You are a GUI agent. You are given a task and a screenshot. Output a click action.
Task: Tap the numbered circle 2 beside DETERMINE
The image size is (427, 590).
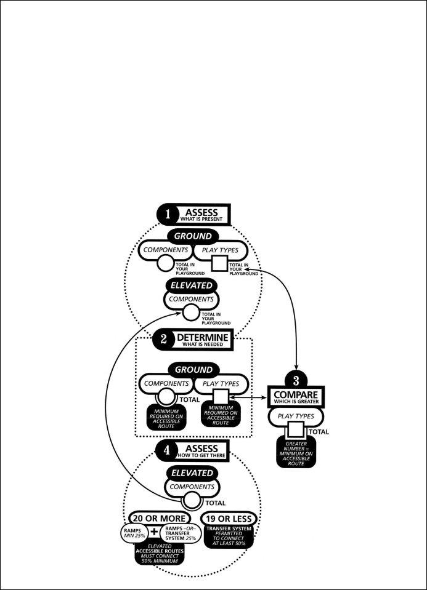pos(163,339)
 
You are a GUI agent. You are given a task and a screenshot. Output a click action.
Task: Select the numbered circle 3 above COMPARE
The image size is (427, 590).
pos(296,380)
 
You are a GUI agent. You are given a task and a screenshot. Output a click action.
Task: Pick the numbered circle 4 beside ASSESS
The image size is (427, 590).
pos(166,450)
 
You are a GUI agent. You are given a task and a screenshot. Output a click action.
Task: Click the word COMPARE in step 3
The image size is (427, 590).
pos(296,393)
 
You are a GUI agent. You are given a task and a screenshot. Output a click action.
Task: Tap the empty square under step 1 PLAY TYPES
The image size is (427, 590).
pos(220,265)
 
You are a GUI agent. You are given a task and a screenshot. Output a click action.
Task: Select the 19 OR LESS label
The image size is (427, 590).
pos(228,519)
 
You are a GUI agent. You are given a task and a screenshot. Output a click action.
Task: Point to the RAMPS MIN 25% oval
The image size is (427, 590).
pos(132,532)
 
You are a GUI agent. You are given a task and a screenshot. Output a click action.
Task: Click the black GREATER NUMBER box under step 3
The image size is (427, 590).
pos(296,454)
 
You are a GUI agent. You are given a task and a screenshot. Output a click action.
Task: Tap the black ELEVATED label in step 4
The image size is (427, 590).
pos(192,473)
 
